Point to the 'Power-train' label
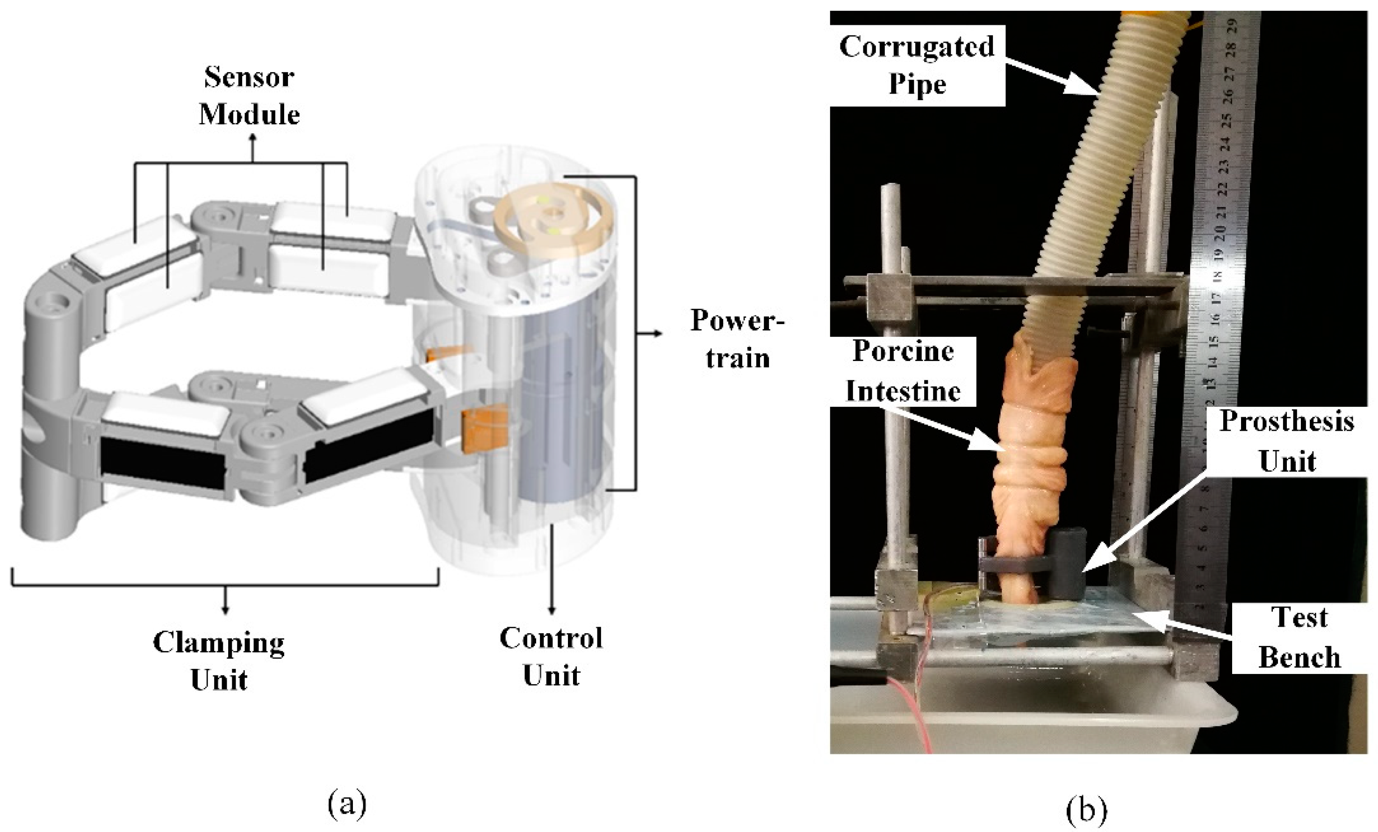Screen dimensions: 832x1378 tap(737, 339)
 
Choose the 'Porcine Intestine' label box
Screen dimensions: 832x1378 tap(903, 371)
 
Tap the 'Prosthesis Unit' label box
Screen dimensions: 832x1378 tap(1287, 441)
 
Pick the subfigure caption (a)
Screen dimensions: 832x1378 tap(347, 803)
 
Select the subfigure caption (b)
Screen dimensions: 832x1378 tap(1086, 810)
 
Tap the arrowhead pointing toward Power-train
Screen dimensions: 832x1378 tap(658, 334)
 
